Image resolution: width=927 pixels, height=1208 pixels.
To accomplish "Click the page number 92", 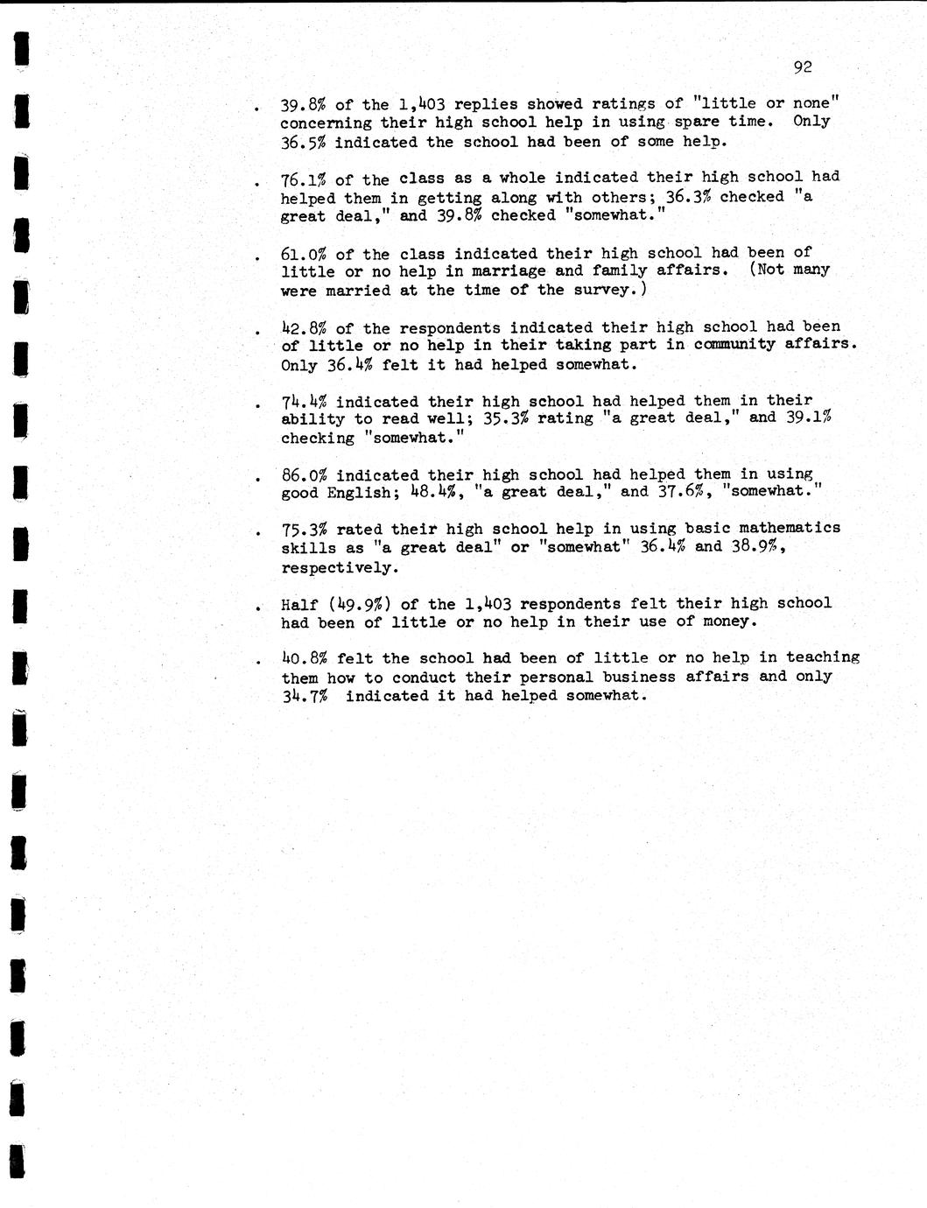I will (x=802, y=67).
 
